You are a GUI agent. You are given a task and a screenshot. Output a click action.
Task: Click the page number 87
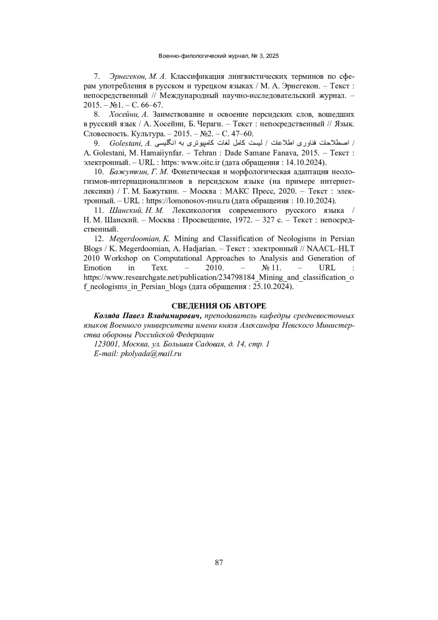(x=219, y=562)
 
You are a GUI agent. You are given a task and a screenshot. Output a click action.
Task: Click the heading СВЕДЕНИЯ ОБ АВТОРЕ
(x=219, y=306)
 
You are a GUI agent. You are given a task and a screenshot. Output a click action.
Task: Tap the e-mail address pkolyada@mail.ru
(x=151, y=353)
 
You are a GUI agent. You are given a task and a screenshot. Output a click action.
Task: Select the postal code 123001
(x=107, y=344)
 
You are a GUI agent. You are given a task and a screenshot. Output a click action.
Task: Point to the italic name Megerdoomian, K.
(x=139, y=239)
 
